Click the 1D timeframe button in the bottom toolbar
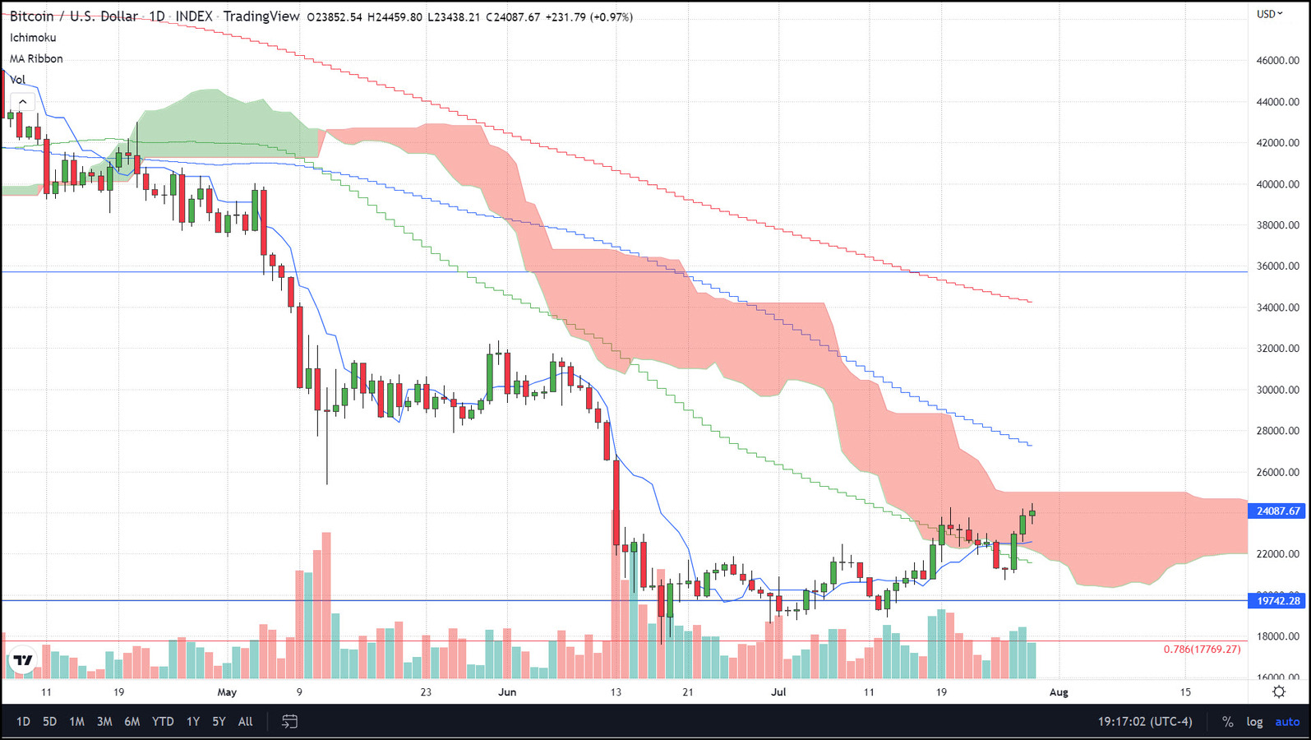(23, 722)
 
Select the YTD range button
(163, 722)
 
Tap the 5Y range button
(219, 722)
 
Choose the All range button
(245, 722)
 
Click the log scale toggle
(1254, 722)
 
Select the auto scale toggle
(1287, 722)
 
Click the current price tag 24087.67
(1277, 511)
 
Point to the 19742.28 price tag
(1277, 601)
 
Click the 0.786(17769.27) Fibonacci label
(1202, 649)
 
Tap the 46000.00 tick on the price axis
(1277, 61)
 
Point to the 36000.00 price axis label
(1277, 266)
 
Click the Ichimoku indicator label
(33, 38)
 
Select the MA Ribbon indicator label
(36, 59)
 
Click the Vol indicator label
(18, 80)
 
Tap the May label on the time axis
(227, 692)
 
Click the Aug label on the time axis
(1059, 692)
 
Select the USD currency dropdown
(1269, 14)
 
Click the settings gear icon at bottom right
(1279, 692)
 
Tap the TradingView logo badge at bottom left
(23, 659)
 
